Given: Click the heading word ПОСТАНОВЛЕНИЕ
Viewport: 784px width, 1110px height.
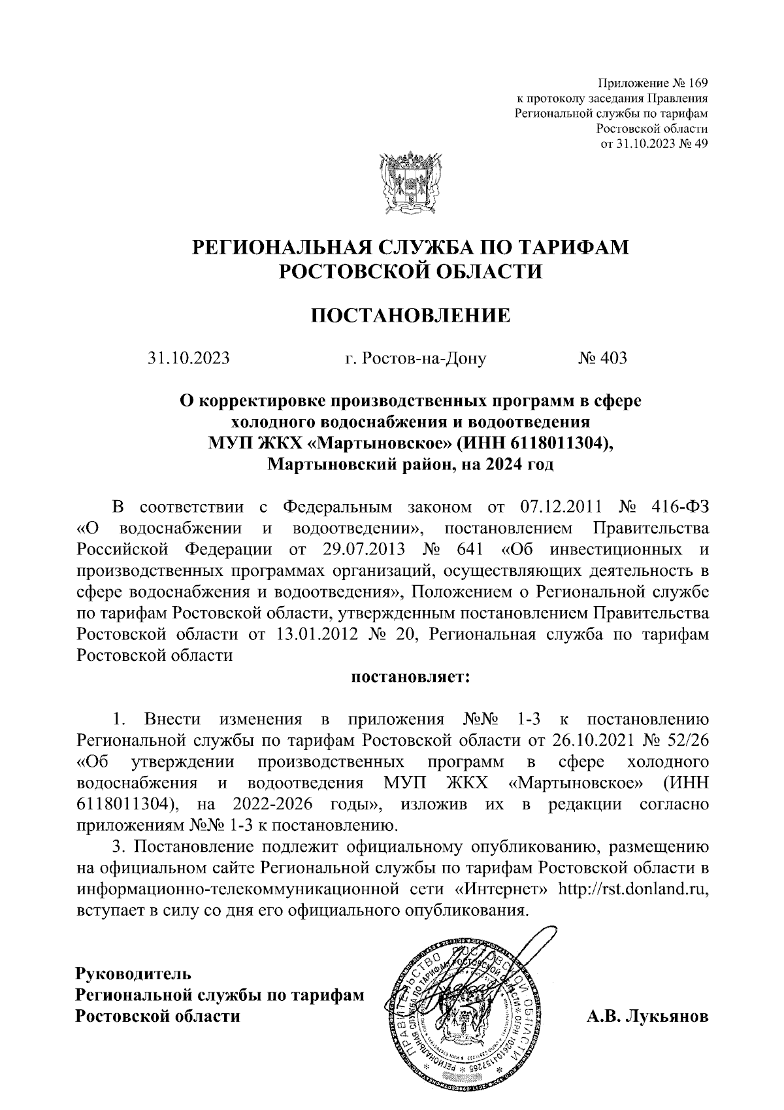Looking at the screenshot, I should (x=410, y=316).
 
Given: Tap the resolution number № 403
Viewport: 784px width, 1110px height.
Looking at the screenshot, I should (x=602, y=358).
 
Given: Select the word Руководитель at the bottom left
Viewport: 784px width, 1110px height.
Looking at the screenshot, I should (x=133, y=973).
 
